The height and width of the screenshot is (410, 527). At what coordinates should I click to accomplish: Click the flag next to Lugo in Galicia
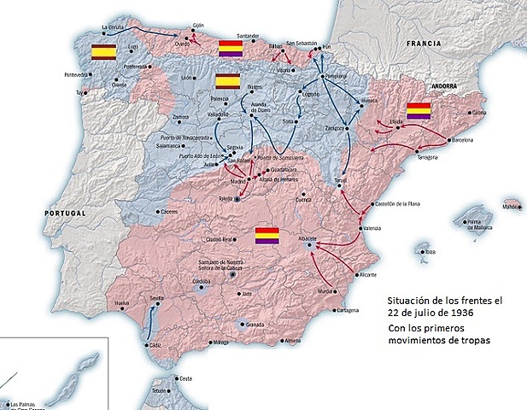tap(104, 51)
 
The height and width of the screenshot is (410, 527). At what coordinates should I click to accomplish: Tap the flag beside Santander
tap(231, 49)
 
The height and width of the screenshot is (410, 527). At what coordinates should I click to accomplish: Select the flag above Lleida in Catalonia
tap(418, 110)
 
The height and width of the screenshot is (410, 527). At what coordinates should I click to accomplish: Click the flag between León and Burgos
tap(227, 81)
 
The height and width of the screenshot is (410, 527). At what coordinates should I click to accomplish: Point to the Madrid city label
tap(238, 180)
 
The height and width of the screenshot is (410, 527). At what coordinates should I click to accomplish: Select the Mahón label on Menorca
tap(512, 206)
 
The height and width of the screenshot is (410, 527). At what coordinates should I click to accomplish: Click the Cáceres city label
tap(166, 212)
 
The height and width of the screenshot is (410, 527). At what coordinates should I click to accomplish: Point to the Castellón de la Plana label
tap(401, 203)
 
